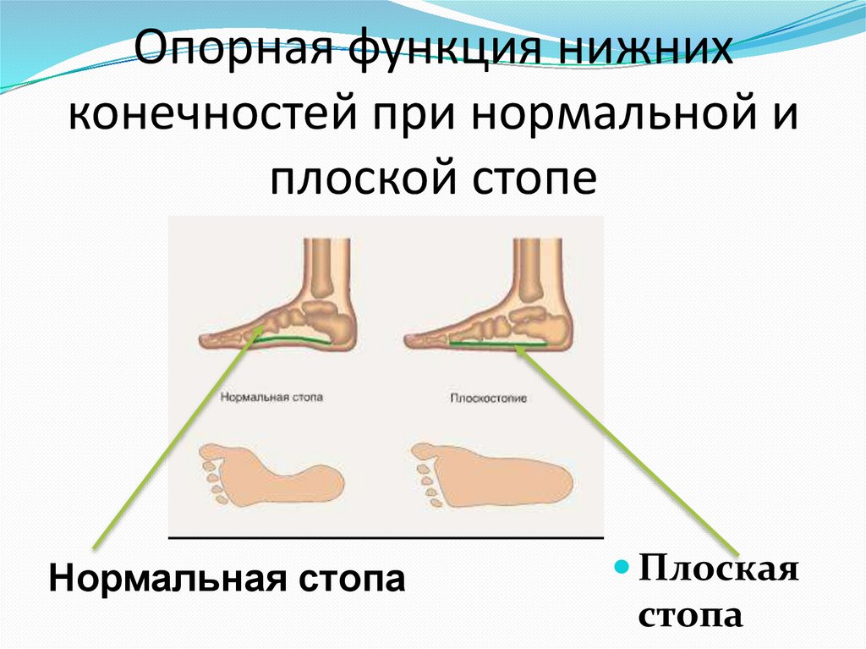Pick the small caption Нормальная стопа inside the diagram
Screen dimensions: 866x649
271,397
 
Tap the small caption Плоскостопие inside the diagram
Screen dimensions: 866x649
488,398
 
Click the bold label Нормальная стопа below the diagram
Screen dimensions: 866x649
227,578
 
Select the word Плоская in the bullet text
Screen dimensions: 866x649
719,569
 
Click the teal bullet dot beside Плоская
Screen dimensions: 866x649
622,567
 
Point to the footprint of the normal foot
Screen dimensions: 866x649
271,476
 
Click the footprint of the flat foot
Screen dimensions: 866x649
492,476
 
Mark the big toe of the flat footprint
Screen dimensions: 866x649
425,452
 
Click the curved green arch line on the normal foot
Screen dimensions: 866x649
296,338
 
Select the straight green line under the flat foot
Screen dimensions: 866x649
498,344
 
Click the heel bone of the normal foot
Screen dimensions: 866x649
335,327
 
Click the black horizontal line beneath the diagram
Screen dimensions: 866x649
386,537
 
